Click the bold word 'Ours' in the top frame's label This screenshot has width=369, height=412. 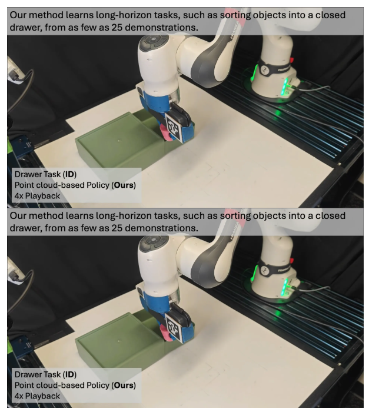coord(124,185)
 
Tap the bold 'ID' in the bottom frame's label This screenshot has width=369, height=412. coord(69,374)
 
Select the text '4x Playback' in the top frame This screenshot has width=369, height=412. coord(37,196)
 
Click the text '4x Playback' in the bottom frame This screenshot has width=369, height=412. coord(37,396)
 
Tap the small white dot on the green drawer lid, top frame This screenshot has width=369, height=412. coord(119,141)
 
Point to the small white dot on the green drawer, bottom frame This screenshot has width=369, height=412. coord(119,341)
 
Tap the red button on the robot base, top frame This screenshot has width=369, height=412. coord(291,60)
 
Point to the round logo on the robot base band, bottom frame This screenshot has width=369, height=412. coord(264,270)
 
